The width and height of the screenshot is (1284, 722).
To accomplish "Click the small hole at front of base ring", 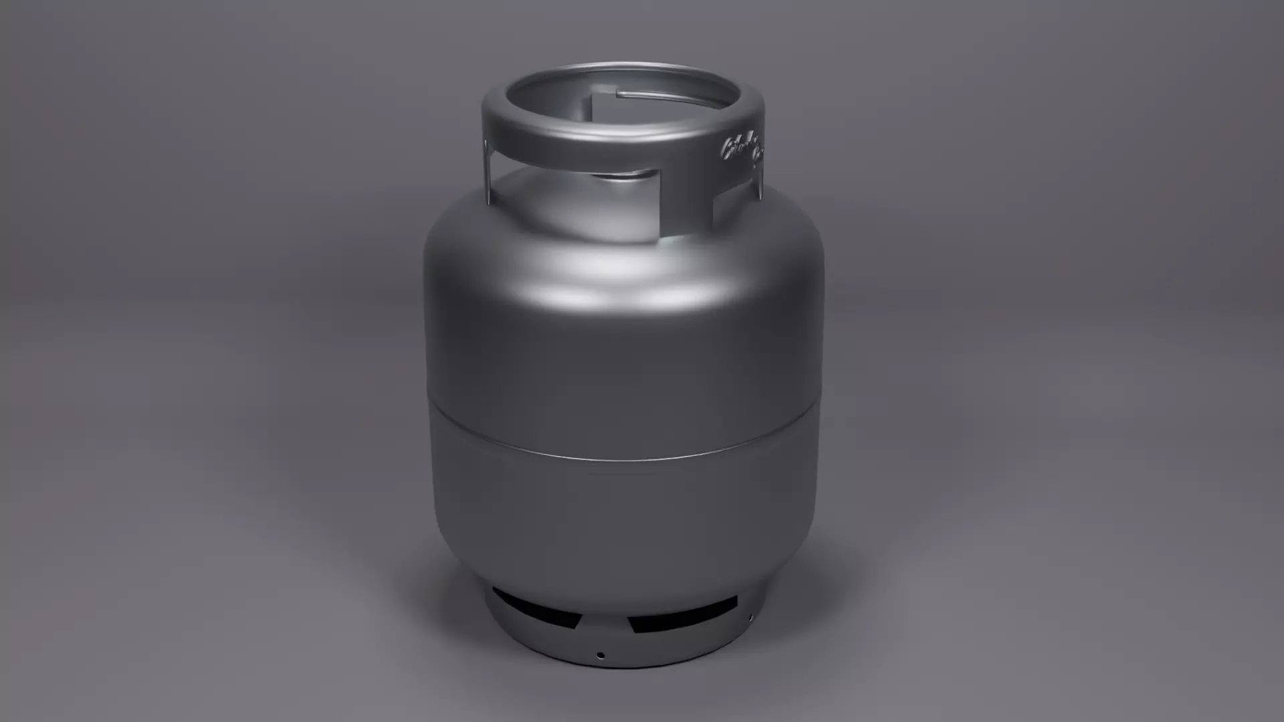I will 601,656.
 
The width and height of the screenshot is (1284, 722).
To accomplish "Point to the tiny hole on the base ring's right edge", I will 752,617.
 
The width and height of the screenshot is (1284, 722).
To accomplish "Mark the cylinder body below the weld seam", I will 622,521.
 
